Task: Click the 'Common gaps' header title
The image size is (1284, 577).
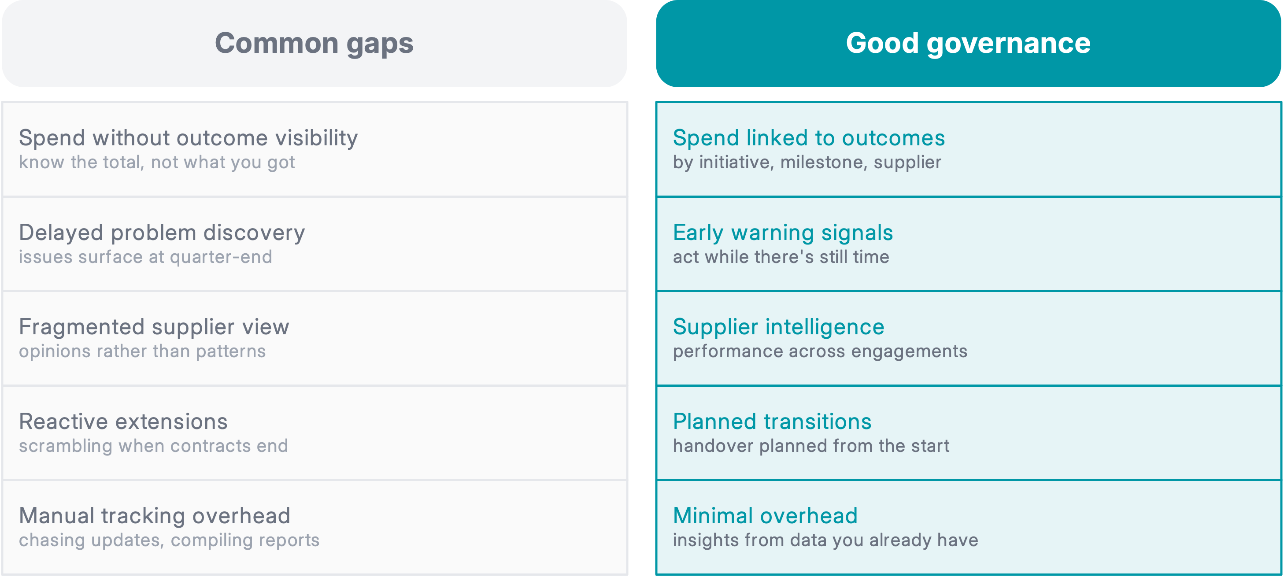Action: [314, 43]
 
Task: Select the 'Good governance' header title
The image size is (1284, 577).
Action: [968, 43]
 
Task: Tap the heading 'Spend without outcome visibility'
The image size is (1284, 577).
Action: [189, 138]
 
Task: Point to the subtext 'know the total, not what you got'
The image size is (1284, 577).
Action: [157, 163]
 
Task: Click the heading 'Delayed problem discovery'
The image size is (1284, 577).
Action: [162, 233]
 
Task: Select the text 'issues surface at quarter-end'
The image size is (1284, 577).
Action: [145, 257]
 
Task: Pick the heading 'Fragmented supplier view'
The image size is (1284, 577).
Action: [154, 327]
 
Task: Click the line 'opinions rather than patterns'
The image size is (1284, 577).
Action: [143, 351]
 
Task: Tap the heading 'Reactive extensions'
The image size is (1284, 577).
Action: [123, 422]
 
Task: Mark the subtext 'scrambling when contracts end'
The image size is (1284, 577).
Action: [154, 446]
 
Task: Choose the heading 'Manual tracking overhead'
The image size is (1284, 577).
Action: [155, 516]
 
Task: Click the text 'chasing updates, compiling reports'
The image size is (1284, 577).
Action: [169, 540]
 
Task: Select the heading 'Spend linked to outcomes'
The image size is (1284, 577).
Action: [808, 138]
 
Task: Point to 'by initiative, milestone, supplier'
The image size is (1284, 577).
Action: [807, 163]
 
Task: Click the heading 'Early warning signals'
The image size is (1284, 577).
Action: [783, 233]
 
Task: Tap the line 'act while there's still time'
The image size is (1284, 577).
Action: [781, 257]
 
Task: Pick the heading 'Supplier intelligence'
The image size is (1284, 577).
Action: [779, 327]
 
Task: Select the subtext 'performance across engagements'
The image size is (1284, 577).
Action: [820, 351]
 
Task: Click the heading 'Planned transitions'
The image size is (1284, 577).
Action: [772, 422]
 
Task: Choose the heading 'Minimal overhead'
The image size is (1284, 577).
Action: [765, 516]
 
